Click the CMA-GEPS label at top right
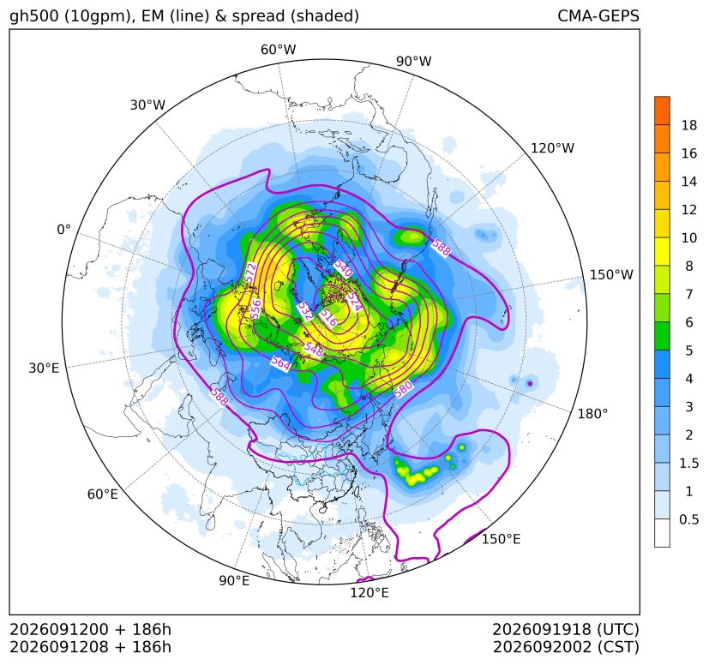598,15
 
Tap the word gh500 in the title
34,15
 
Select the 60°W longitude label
278,50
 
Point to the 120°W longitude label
553,148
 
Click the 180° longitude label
592,414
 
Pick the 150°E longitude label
501,539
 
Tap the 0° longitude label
63,230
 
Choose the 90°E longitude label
234,580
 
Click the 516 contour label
328,318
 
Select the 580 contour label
403,389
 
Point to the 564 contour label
280,363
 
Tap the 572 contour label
250,273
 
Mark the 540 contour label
343,268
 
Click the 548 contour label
314,350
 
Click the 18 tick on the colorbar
689,125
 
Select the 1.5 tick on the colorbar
689,463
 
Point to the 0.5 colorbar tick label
689,519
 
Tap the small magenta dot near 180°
530,384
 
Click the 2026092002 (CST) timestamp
566,647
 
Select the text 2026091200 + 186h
90,629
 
